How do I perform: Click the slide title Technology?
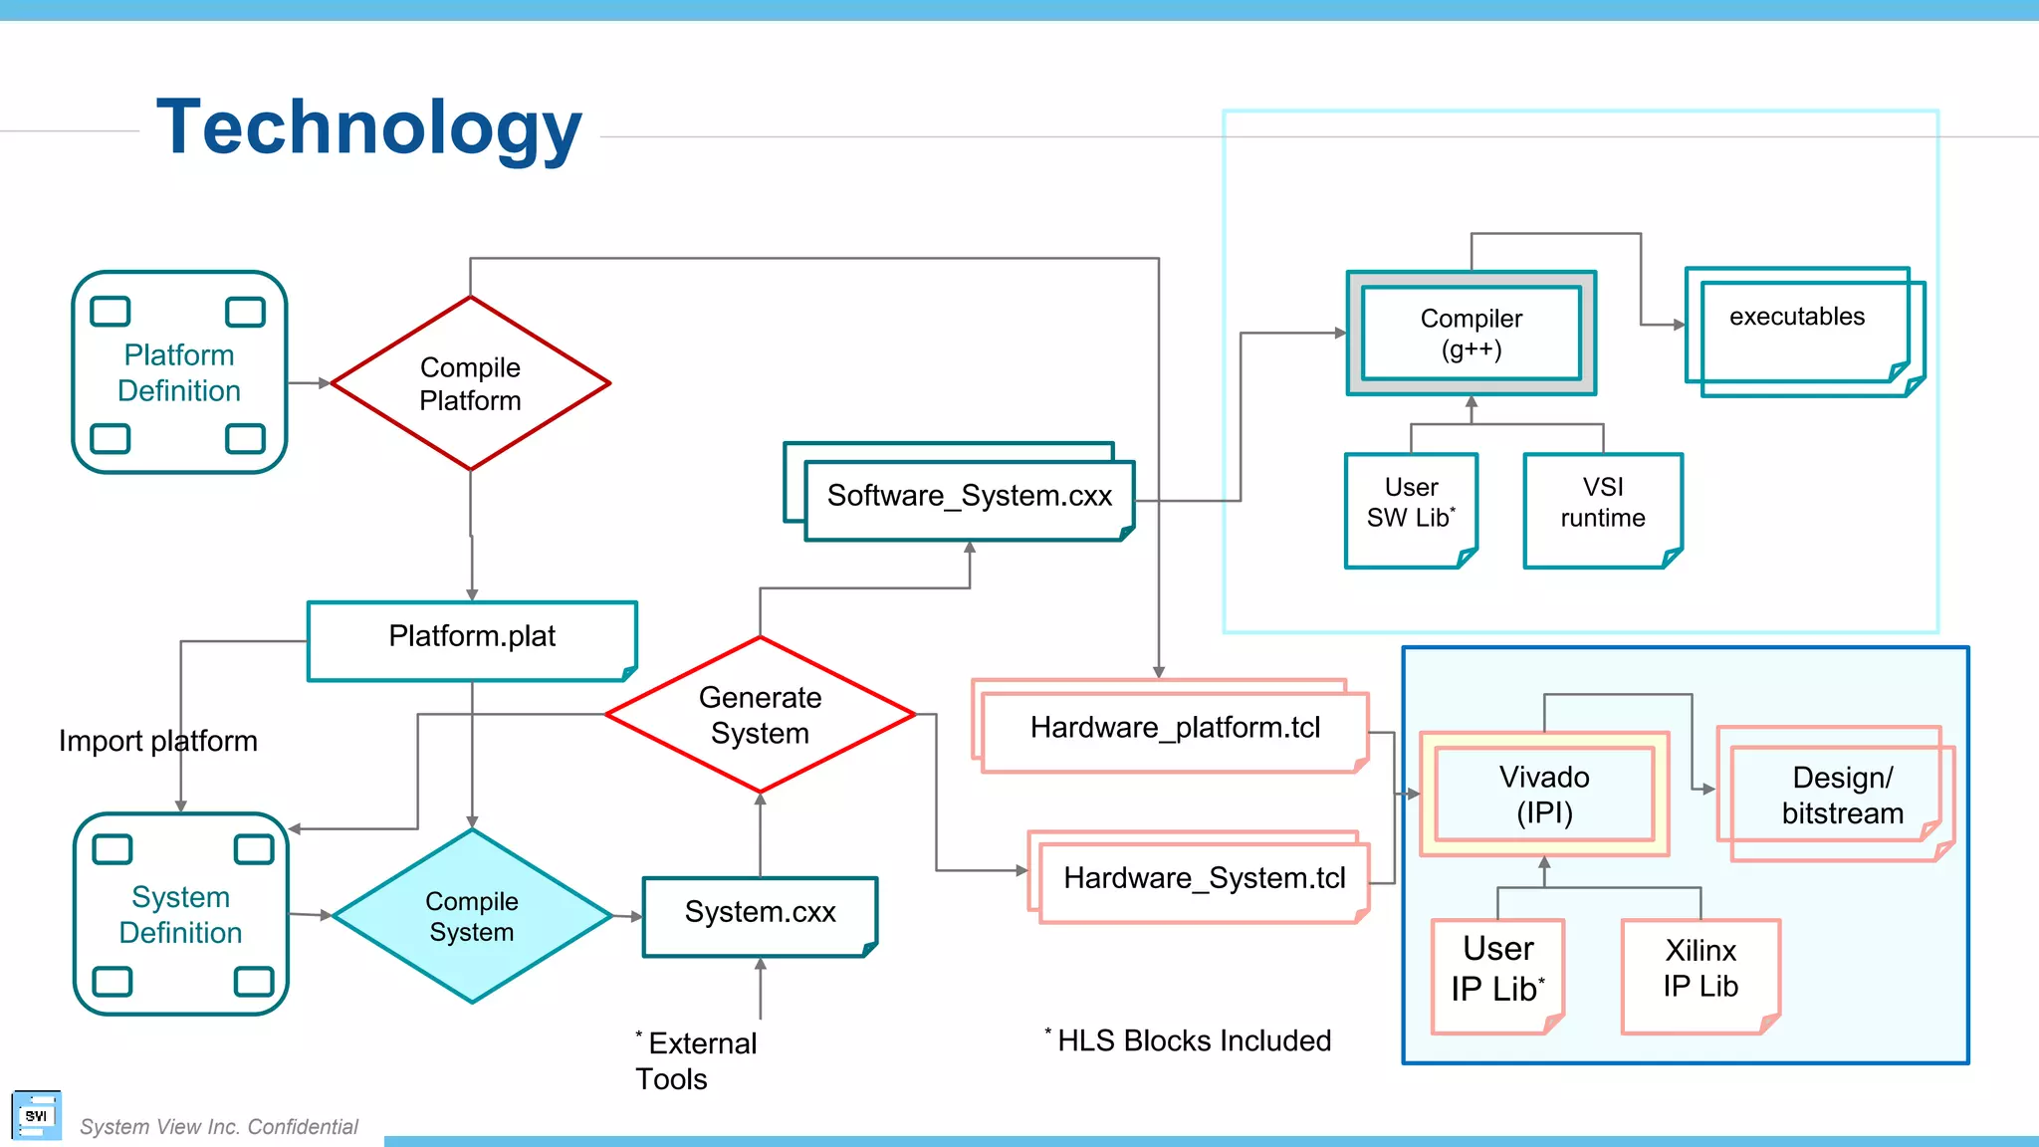pyautogui.click(x=368, y=127)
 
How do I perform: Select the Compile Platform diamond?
pyautogui.click(x=470, y=383)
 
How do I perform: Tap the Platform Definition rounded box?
pyautogui.click(x=179, y=372)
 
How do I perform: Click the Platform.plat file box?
pyautogui.click(x=472, y=638)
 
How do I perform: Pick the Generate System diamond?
pyautogui.click(x=760, y=715)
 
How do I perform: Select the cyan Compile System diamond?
pyautogui.click(x=472, y=916)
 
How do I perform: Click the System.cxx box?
pyautogui.click(x=760, y=914)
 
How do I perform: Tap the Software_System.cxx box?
pyautogui.click(x=969, y=497)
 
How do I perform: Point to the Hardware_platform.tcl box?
pyautogui.click(x=1175, y=729)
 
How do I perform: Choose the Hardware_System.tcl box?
pyautogui.click(x=1204, y=879)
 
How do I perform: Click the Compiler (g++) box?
pyautogui.click(x=1472, y=334)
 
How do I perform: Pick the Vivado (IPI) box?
pyautogui.click(x=1544, y=795)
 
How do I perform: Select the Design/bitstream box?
pyautogui.click(x=1842, y=795)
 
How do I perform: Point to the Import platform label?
pyautogui.click(x=157, y=741)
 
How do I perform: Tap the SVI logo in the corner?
pyautogui.click(x=36, y=1116)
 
